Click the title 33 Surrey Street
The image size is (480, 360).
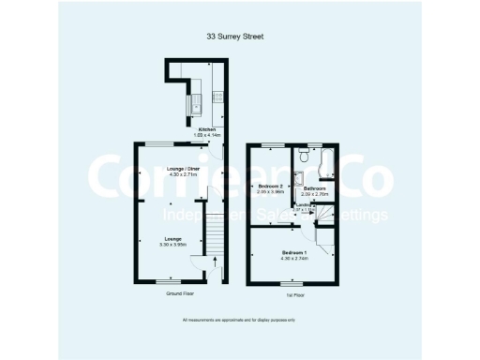coord(235,37)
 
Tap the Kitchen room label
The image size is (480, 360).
coord(207,128)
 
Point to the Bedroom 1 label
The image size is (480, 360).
coord(294,253)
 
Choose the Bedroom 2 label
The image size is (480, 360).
coord(270,186)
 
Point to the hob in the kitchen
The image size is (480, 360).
coord(217,94)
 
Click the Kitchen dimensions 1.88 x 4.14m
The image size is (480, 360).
coord(207,135)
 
